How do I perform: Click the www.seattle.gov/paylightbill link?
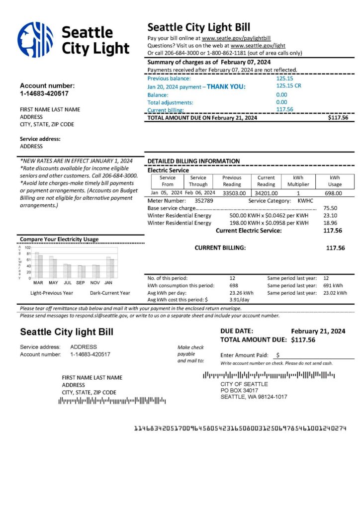pyautogui.click(x=236, y=38)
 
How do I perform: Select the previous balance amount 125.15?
pyautogui.click(x=284, y=79)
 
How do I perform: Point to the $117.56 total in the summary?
pyautogui.click(x=338, y=118)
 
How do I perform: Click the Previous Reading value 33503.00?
pyautogui.click(x=232, y=193)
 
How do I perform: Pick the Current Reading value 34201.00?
pyautogui.click(x=266, y=193)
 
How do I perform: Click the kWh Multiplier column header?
pyautogui.click(x=298, y=181)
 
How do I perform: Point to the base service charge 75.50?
pyautogui.click(x=330, y=208)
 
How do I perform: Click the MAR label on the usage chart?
pyautogui.click(x=38, y=282)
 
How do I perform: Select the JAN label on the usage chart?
pyautogui.click(x=108, y=282)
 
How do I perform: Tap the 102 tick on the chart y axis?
pyautogui.click(x=28, y=248)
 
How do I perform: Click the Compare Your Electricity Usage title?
pyautogui.click(x=59, y=239)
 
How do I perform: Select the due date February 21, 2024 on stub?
pyautogui.click(x=318, y=331)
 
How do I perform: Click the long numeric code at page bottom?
pyautogui.click(x=240, y=428)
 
